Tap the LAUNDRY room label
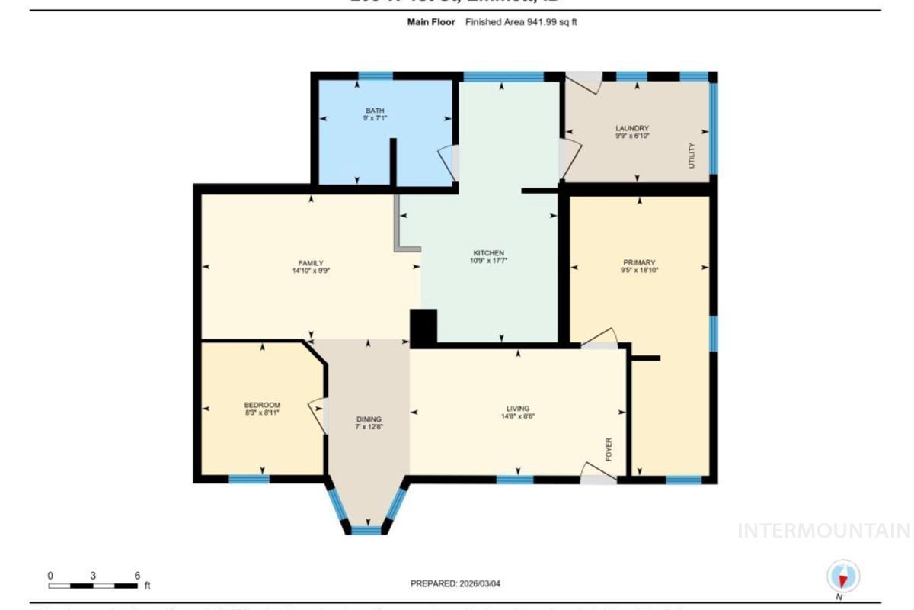tap(631, 128)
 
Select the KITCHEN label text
tap(488, 253)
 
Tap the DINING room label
tap(369, 419)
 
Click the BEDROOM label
tap(262, 405)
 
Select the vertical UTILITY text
tap(692, 155)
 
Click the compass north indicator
tap(843, 576)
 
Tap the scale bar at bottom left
tap(93, 586)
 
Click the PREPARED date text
tap(456, 583)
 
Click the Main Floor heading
tap(430, 22)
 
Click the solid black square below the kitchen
tap(423, 327)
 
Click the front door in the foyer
tap(598, 473)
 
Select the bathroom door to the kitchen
tap(448, 162)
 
